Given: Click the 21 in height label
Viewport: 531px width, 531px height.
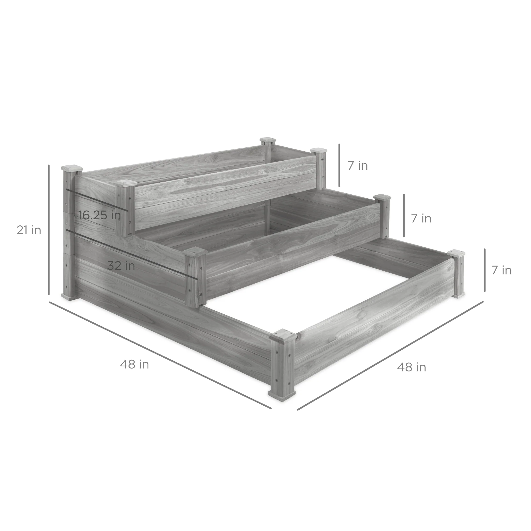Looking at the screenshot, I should pos(29,230).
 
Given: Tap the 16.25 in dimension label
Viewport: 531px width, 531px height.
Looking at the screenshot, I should pos(100,215).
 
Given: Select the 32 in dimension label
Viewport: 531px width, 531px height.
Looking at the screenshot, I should pos(121,266).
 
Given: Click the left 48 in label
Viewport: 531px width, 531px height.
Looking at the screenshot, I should pos(134,365).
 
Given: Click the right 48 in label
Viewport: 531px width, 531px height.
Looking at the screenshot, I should pos(412,367).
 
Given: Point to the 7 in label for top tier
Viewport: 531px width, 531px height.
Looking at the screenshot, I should pos(358,166).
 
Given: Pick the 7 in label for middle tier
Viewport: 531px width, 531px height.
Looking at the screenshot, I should pos(421,218).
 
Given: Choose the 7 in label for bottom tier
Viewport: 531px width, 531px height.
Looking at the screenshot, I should pos(501,271).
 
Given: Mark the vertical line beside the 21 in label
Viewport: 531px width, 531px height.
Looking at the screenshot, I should pos(49,230).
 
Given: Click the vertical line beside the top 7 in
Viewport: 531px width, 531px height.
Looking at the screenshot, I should pos(339,165).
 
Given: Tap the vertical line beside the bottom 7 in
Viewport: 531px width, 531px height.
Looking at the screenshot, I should pos(485,270).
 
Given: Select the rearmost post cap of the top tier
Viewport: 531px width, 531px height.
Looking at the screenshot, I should pos(268,140).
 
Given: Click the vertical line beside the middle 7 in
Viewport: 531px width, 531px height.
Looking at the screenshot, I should pos(404,216).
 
